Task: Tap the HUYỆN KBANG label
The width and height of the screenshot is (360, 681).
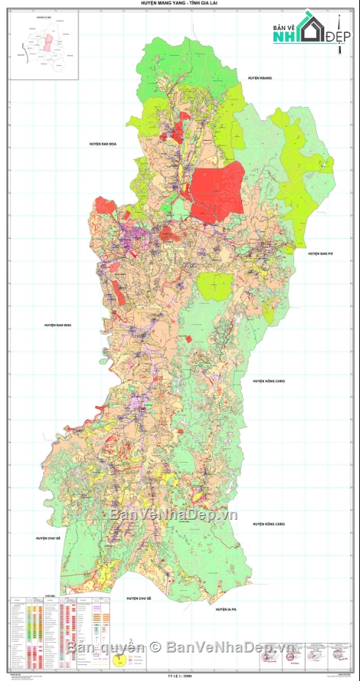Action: tap(260, 78)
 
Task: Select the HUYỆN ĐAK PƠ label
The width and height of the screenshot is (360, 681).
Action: tap(321, 254)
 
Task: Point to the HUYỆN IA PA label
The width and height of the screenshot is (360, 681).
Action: tap(227, 609)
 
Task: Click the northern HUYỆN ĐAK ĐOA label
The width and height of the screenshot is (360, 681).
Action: tap(103, 144)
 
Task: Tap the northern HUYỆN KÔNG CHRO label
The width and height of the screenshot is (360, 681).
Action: tap(269, 381)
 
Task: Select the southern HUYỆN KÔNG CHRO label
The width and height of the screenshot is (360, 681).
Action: tap(269, 524)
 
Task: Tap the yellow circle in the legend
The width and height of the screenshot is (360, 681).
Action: tap(118, 663)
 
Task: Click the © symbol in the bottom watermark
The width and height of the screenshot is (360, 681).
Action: tap(155, 647)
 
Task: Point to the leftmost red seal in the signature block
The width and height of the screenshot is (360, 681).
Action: tap(268, 657)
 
